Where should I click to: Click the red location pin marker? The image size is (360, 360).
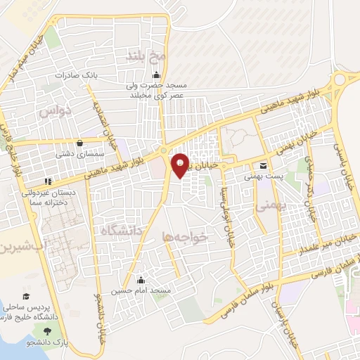pyautogui.click(x=180, y=165)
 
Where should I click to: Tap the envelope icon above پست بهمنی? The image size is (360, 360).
pyautogui.click(x=263, y=167)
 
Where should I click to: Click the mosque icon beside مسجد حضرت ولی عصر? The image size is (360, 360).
pyautogui.click(x=156, y=77)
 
